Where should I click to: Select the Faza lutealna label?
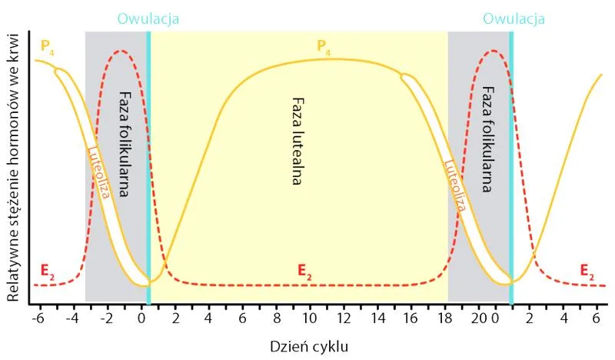click(298, 142)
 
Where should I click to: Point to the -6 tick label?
click(38, 317)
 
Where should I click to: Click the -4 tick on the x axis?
click(74, 317)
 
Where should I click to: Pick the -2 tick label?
click(108, 317)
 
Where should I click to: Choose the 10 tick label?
click(310, 317)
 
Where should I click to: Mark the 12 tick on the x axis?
click(344, 317)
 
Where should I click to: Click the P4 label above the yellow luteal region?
click(326, 46)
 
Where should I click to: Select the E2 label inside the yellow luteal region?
click(305, 270)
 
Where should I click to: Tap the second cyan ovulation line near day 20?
click(511, 169)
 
